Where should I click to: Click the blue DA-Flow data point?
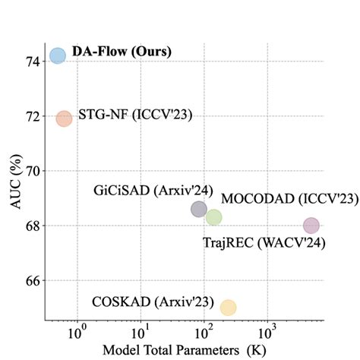(x=57, y=55)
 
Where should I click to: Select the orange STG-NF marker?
(x=64, y=118)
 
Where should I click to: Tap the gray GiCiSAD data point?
(x=199, y=209)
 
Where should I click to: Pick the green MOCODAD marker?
(x=213, y=217)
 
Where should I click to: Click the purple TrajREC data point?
(x=311, y=225)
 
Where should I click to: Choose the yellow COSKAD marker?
(x=228, y=307)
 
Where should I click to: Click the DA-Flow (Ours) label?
(x=122, y=52)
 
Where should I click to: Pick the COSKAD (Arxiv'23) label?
(x=153, y=301)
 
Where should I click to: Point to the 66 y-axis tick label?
(x=34, y=280)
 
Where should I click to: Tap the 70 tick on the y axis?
(x=34, y=171)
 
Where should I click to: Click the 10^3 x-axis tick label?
(x=267, y=332)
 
